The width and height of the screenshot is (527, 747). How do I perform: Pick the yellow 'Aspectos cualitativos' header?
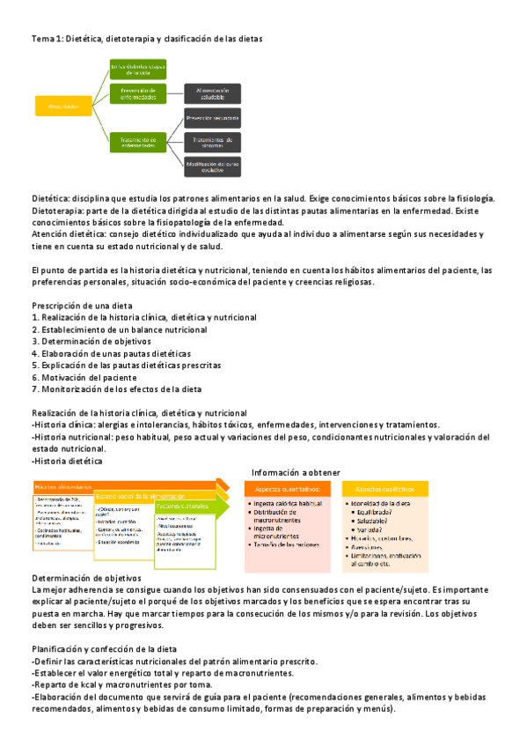(x=387, y=489)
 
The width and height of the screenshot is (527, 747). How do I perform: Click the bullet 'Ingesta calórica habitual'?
(x=289, y=503)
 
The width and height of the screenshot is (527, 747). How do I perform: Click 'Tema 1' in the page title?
(x=42, y=39)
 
